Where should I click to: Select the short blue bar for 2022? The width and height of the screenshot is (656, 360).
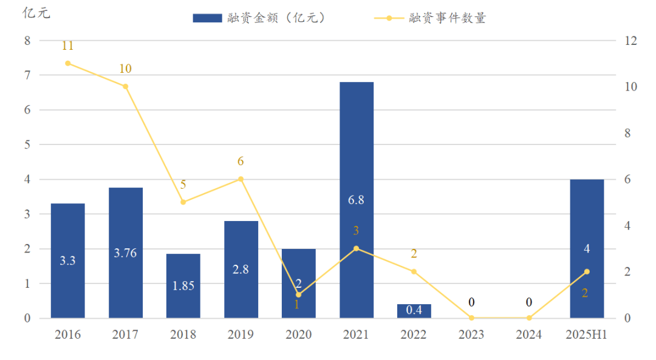[x=414, y=311]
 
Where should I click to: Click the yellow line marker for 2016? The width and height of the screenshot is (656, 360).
[x=67, y=63]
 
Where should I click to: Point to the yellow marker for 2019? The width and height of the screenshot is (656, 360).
[x=241, y=179]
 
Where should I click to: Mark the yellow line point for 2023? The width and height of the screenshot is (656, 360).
[x=471, y=318]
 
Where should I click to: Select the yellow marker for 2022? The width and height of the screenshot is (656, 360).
[x=414, y=271]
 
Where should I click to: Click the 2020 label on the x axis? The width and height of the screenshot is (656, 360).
[x=298, y=335]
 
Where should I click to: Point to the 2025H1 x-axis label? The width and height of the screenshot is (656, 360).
[x=587, y=335]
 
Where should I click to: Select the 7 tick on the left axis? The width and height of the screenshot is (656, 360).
[x=26, y=75]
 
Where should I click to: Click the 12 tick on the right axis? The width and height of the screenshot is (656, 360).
[x=630, y=41]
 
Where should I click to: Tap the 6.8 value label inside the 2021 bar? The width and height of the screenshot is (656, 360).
[x=356, y=200]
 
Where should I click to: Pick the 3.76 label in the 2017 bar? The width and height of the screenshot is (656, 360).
[x=125, y=253]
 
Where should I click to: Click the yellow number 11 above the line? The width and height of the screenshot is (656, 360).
[x=67, y=46]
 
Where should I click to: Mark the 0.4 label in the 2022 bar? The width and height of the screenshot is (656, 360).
[x=414, y=310]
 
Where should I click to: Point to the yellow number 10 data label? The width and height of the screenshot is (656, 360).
[x=125, y=69]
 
